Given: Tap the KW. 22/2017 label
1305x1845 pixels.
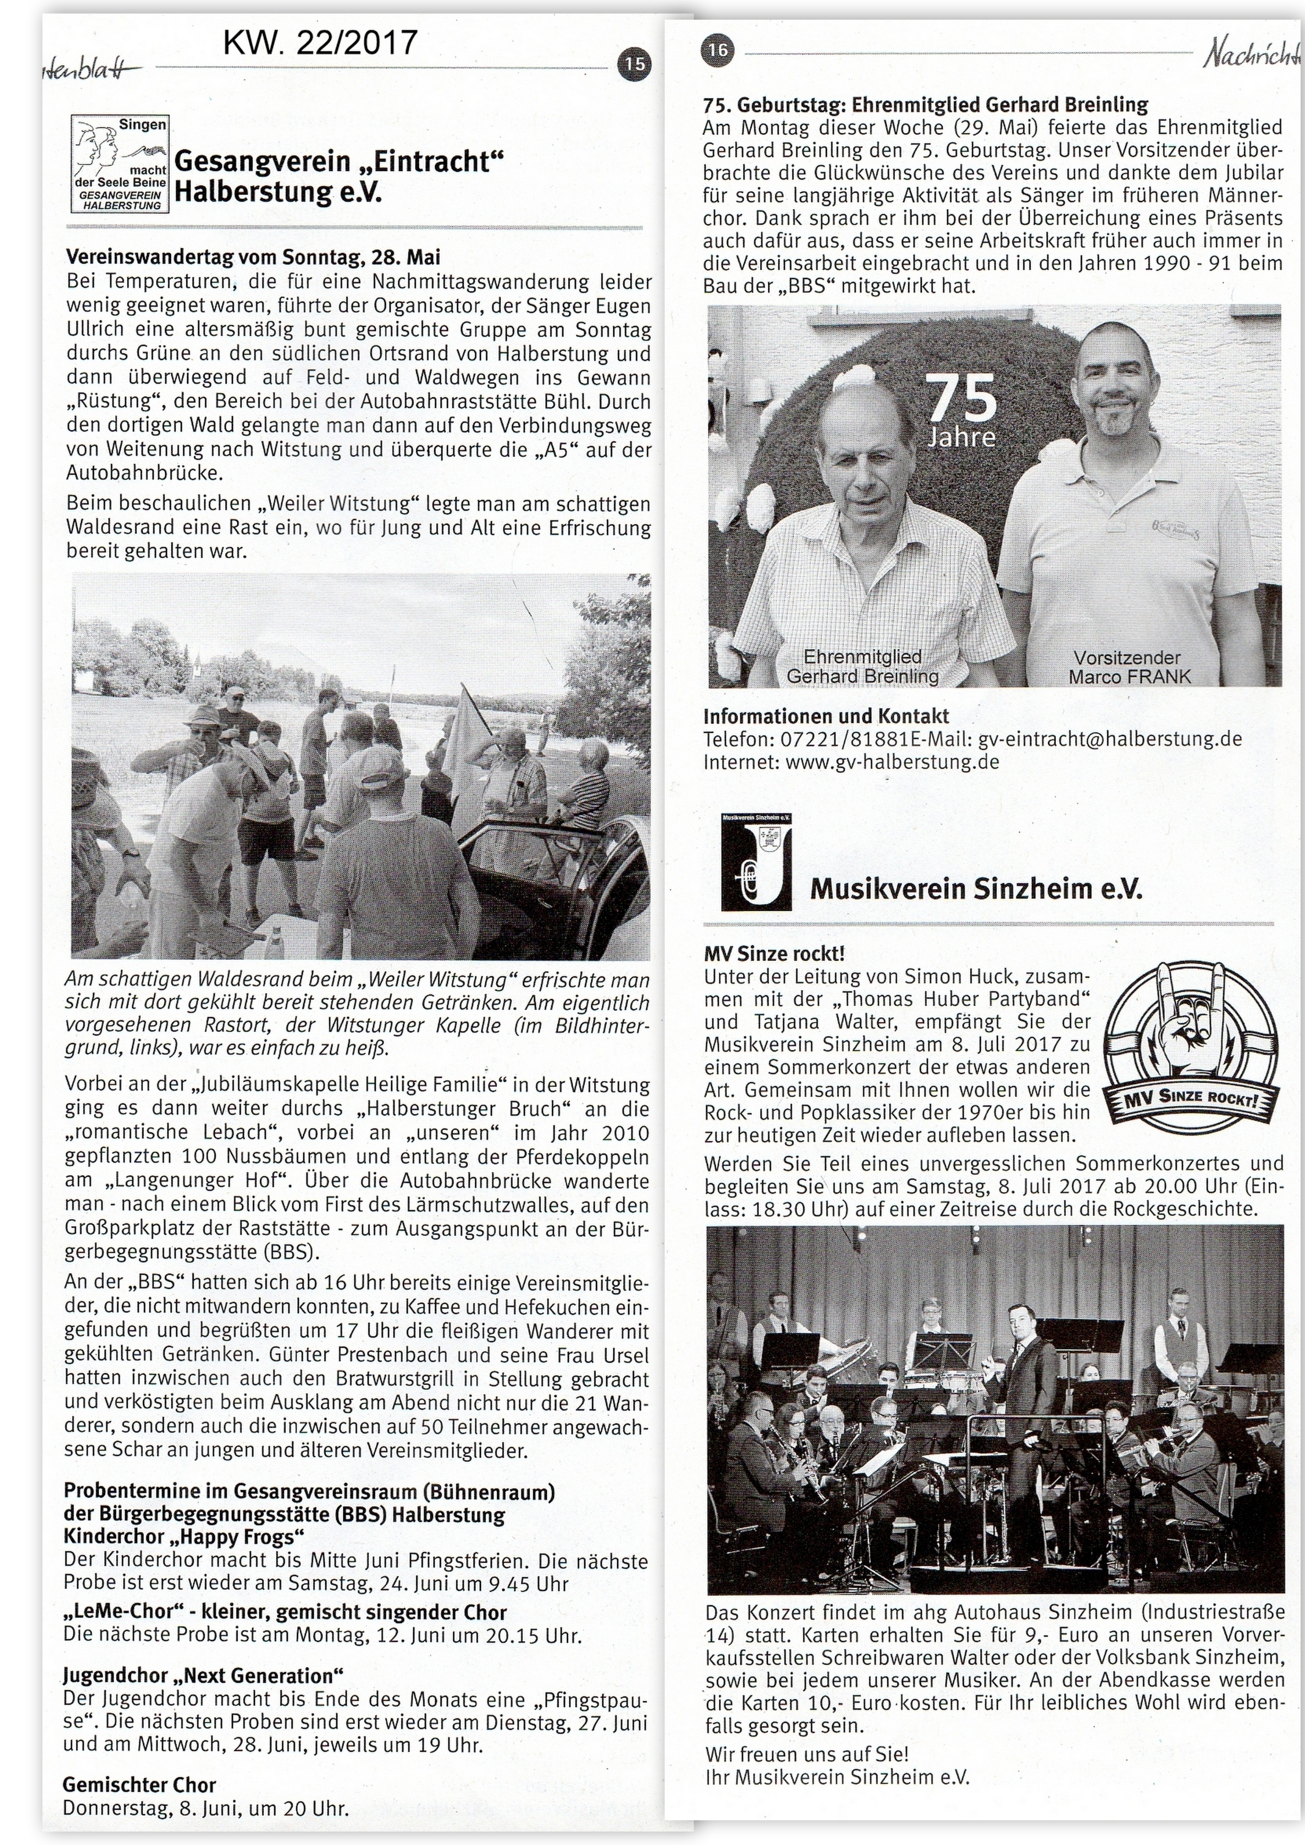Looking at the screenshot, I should tap(320, 42).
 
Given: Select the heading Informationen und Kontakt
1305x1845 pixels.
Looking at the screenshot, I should tap(826, 716).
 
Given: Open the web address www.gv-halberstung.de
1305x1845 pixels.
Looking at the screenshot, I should tap(892, 761).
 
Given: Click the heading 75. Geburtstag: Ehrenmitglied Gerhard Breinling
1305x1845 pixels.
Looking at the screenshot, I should tap(925, 105).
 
